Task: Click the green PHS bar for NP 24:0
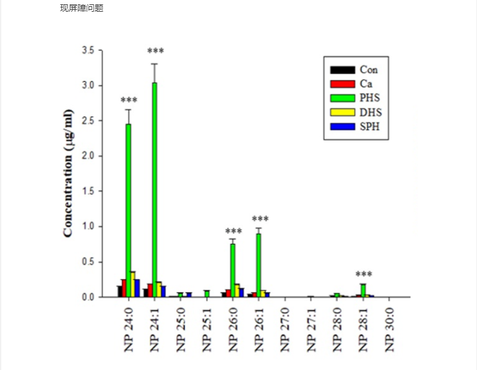coord(128,210)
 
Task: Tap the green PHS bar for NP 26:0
coord(233,270)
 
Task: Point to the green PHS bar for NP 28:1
coord(363,290)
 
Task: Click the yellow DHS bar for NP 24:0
coord(133,284)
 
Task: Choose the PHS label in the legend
coord(370,98)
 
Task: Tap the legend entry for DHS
coord(356,113)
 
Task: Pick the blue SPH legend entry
coord(356,127)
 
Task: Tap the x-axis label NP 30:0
coord(389,329)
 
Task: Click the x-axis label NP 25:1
coord(207,329)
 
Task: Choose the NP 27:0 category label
coord(285,329)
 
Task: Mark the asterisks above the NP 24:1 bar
coord(155,51)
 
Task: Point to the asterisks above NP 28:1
coord(364,275)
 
